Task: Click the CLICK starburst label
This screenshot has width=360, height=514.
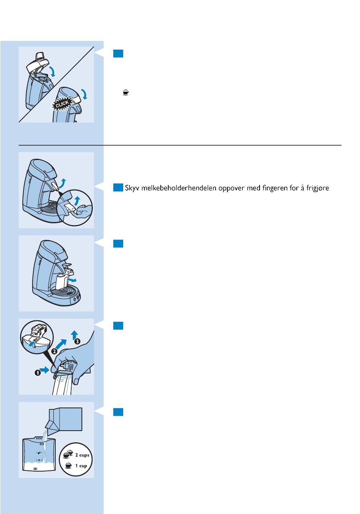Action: point(62,104)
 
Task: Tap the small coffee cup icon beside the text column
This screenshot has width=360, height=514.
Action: point(126,92)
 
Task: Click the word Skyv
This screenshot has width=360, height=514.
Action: point(132,188)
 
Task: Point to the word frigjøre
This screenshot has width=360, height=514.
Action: point(318,188)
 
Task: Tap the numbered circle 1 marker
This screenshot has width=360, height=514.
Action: point(38,373)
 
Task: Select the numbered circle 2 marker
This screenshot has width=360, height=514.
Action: point(54,351)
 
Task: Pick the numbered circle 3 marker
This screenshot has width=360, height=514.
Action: point(77,341)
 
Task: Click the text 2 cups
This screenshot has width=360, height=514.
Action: point(82,455)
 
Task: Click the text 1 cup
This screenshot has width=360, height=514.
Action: point(81,465)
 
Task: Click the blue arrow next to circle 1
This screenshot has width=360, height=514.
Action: point(45,370)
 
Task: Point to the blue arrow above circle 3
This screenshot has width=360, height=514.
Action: point(74,335)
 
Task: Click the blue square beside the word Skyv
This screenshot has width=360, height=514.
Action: point(118,188)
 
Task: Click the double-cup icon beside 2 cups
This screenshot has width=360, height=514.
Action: point(68,454)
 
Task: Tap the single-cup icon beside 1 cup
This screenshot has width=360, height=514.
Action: point(68,465)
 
